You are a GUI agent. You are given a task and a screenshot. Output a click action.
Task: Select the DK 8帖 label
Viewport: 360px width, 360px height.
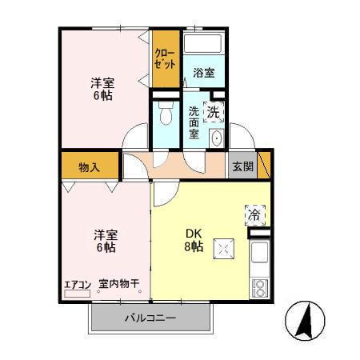click(x=194, y=240)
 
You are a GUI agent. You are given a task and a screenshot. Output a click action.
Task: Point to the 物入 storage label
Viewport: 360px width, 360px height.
click(x=89, y=167)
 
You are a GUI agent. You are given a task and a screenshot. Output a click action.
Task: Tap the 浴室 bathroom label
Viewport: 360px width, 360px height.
click(x=204, y=73)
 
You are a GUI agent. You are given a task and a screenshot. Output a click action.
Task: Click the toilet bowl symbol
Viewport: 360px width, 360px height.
click(x=166, y=117)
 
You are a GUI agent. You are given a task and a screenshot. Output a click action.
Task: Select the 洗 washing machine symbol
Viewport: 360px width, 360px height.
click(x=214, y=113)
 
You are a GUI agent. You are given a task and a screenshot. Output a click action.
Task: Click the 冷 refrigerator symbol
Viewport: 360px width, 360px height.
click(x=254, y=214)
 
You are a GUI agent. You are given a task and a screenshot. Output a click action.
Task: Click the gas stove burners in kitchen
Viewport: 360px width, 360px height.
click(x=259, y=286)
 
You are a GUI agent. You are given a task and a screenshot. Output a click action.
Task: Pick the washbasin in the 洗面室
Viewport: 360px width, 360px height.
click(x=216, y=138)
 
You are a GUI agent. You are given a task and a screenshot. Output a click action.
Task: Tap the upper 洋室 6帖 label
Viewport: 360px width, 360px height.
click(x=101, y=89)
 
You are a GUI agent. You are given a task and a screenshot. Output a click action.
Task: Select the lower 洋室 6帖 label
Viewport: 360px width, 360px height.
click(x=106, y=241)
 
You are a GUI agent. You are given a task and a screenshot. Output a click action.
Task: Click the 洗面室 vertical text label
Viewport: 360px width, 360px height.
click(x=194, y=123)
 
